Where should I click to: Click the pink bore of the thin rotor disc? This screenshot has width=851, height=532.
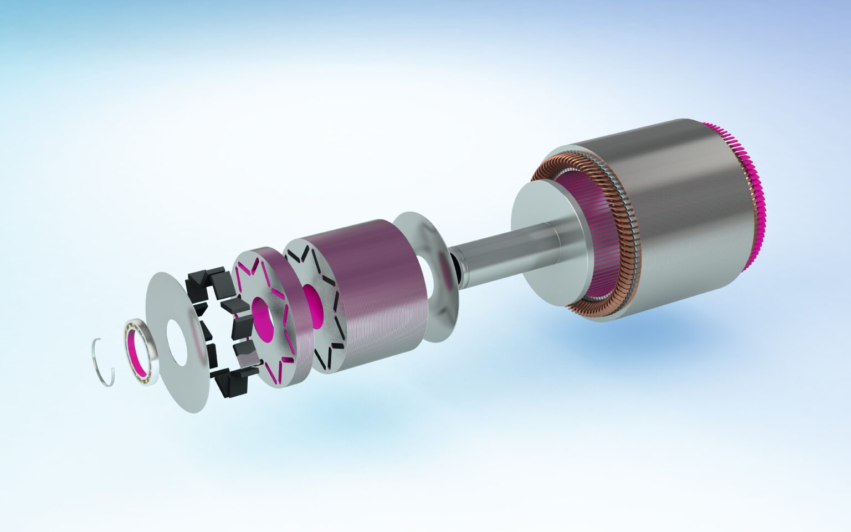(x=262, y=313)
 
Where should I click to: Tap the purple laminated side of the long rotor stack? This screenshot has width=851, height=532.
(x=377, y=288)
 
